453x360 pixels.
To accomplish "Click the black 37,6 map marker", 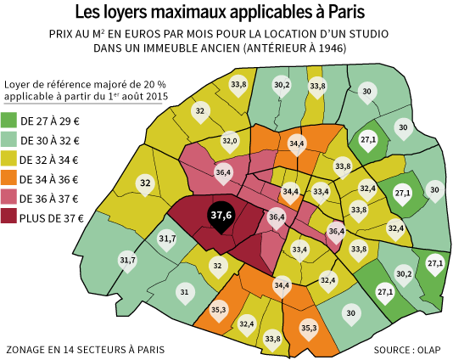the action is point(221,216).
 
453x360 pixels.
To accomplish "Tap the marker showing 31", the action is point(185,293).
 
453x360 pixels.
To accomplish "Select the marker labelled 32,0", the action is point(230,142).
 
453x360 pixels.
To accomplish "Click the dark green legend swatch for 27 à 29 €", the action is point(8,121).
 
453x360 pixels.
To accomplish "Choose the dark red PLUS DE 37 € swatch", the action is point(8,216).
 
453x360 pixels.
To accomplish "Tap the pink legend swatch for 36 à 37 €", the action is point(8,197).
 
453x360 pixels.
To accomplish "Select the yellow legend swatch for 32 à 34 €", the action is point(8,159).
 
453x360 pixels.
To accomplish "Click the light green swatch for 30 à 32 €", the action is point(8,139).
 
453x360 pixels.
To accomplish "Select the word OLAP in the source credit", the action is point(428,350).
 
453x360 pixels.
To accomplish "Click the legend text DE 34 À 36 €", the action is point(49,179).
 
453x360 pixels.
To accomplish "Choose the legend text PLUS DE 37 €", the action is point(52,218).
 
